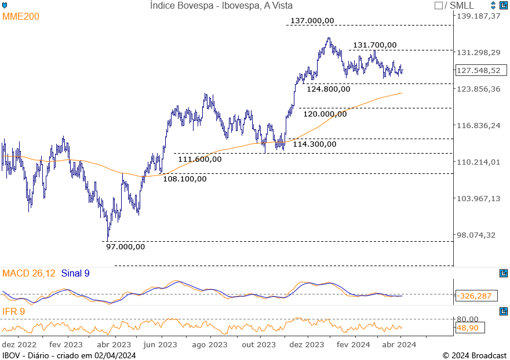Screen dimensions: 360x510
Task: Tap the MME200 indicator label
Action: [21, 17]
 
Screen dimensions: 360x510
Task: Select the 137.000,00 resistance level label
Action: [312, 21]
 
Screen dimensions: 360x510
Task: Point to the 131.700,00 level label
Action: [375, 45]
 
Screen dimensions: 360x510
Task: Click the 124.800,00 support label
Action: [328, 89]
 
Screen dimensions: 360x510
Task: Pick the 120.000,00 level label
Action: [325, 114]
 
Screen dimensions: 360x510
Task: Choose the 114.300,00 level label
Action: [315, 144]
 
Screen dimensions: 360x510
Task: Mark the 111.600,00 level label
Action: [199, 159]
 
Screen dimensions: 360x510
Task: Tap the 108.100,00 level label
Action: [184, 179]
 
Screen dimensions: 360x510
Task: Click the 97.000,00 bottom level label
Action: [125, 247]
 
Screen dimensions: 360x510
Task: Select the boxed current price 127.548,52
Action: [478, 71]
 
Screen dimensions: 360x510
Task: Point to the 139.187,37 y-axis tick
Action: [478, 16]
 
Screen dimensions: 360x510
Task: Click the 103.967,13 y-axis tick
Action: [478, 199]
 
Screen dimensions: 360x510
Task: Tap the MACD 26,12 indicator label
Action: [29, 274]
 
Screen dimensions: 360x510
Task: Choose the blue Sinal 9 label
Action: [75, 274]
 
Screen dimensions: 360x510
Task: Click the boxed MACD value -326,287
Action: [474, 296]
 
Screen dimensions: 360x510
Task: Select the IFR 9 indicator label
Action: [14, 312]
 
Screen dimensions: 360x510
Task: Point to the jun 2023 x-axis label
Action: [161, 345]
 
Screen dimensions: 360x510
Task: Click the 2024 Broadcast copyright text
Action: [474, 355]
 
